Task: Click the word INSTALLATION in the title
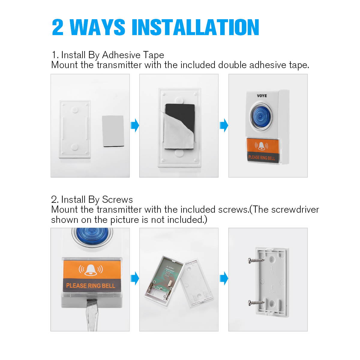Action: [x=195, y=27]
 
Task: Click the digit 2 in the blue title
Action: [x=58, y=27]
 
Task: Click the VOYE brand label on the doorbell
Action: [x=262, y=96]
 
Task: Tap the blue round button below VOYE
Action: [x=261, y=116]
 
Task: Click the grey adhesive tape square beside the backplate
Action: [x=113, y=131]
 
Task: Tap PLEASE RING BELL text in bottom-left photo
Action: [x=90, y=286]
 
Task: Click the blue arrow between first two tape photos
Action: [x=135, y=125]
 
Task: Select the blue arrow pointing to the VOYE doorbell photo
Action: [x=224, y=125]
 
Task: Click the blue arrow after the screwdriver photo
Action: [x=135, y=278]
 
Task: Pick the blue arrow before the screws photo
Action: [x=224, y=278]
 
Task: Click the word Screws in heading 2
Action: [x=117, y=200]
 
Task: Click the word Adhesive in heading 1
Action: [x=121, y=55]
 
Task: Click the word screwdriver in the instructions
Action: [x=295, y=210]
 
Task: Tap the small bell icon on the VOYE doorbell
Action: [x=261, y=146]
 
